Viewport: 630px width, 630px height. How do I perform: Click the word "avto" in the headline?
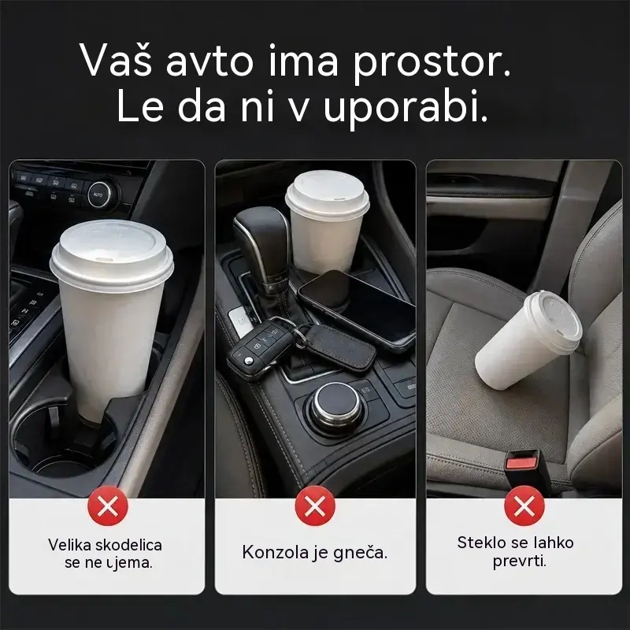pyautogui.click(x=209, y=61)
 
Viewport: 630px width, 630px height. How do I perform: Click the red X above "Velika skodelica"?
pyautogui.click(x=108, y=506)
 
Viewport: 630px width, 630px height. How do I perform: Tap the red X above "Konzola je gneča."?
pyautogui.click(x=315, y=506)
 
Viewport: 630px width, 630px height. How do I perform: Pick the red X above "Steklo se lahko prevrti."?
pyautogui.click(x=524, y=506)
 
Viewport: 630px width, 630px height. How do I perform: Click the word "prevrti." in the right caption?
pyautogui.click(x=520, y=561)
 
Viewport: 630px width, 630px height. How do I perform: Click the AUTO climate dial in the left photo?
pyautogui.click(x=99, y=195)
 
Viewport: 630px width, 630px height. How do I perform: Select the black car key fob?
pyautogui.click(x=258, y=347)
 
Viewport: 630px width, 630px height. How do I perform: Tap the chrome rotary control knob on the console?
pyautogui.click(x=337, y=406)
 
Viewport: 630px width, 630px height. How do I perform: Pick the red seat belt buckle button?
pyautogui.click(x=521, y=464)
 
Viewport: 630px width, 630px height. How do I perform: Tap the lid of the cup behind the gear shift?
pyautogui.click(x=327, y=195)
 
